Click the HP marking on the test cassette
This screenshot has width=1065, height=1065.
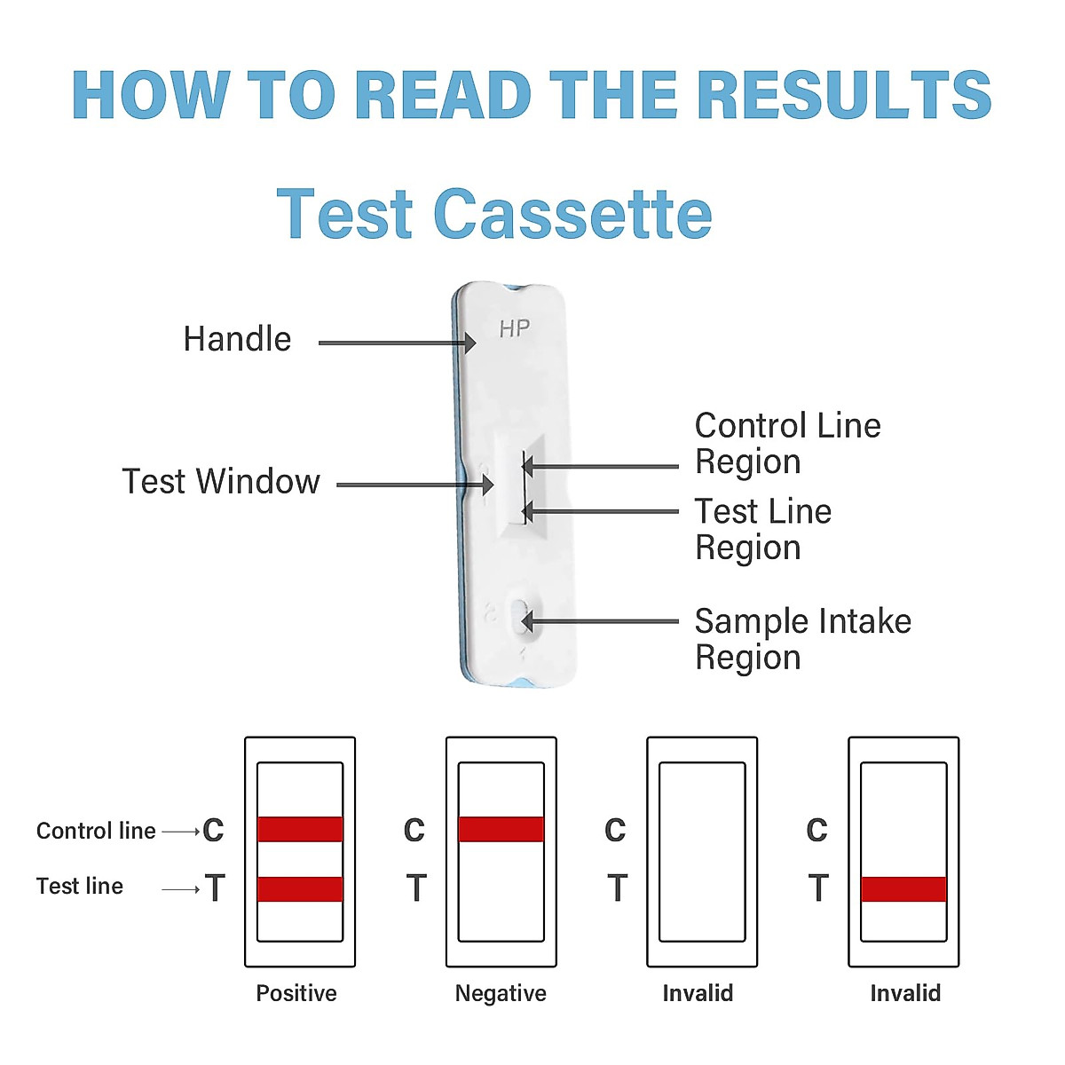point(514,329)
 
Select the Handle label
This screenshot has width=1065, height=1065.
point(237,339)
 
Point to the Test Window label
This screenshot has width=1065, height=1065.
point(221,482)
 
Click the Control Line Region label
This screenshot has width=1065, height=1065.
point(786,444)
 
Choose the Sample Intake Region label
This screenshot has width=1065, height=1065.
point(801,639)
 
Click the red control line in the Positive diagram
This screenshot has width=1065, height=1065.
point(300,829)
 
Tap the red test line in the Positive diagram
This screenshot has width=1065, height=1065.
point(300,888)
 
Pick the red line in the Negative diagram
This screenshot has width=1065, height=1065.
point(501,829)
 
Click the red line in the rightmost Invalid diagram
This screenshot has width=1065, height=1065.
point(903,888)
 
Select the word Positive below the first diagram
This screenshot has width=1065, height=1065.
point(296,993)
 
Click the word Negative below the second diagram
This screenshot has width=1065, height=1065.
point(501,993)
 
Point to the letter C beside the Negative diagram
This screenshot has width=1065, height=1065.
point(414,831)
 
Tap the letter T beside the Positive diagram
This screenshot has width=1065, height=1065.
point(215,887)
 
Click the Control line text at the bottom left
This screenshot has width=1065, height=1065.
point(96,831)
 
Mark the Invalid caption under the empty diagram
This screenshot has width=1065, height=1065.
point(698,993)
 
